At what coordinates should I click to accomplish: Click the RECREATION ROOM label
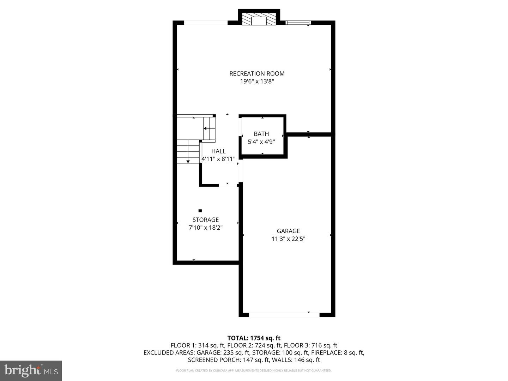coord(257,74)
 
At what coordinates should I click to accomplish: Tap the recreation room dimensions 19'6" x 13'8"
coord(257,81)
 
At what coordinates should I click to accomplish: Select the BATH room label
coord(261,134)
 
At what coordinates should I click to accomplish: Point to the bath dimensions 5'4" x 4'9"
coord(261,142)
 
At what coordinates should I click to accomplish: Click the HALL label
coord(218,151)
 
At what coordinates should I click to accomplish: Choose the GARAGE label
coord(288,231)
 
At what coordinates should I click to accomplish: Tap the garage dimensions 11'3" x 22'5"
coord(288,239)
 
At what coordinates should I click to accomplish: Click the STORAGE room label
coord(206,220)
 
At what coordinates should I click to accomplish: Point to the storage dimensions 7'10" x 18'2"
coord(206,228)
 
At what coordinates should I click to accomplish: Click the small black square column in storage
coord(200,211)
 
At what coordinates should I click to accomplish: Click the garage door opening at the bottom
coord(284,315)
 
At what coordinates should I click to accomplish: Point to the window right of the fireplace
coord(298,23)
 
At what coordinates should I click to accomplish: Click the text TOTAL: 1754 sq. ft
coord(254,338)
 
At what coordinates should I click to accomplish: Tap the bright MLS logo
coord(31,370)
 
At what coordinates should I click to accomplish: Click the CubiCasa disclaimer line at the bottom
coord(254,370)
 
